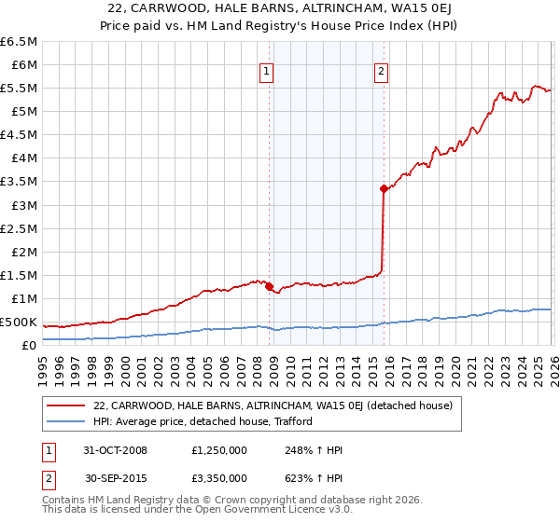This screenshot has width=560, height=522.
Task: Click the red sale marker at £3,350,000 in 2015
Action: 384,188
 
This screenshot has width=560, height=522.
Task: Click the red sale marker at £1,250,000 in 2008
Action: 270,287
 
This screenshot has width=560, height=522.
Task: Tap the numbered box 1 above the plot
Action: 267,70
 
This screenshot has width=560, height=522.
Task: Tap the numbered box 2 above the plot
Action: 382,70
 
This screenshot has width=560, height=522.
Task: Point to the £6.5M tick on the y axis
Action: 20,42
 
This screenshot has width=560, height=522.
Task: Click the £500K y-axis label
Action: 19,323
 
